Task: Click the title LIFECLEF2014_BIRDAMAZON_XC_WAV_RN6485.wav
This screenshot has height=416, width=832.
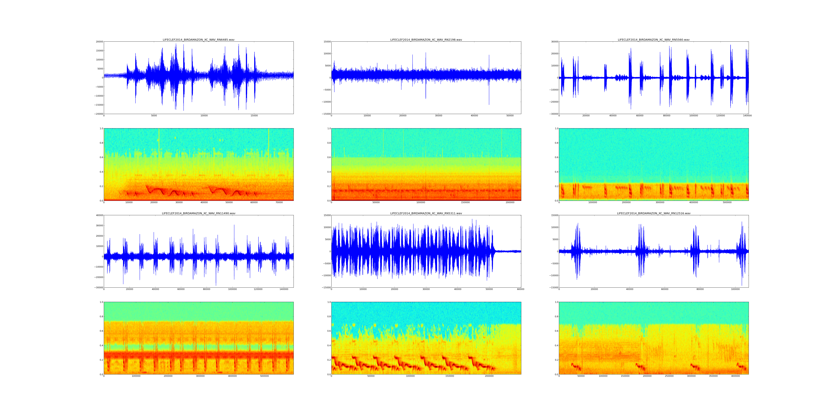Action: click(x=198, y=40)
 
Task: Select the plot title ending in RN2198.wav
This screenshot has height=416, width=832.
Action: click(x=426, y=40)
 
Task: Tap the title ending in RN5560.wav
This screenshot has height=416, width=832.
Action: click(x=653, y=40)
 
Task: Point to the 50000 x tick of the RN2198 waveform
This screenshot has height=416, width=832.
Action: click(x=510, y=116)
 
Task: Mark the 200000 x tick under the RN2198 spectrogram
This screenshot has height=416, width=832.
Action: click(x=510, y=202)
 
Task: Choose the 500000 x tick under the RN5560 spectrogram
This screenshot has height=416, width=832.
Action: click(x=727, y=202)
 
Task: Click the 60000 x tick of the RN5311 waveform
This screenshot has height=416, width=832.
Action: click(x=520, y=289)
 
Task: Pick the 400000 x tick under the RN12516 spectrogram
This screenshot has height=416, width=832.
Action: click(x=735, y=376)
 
